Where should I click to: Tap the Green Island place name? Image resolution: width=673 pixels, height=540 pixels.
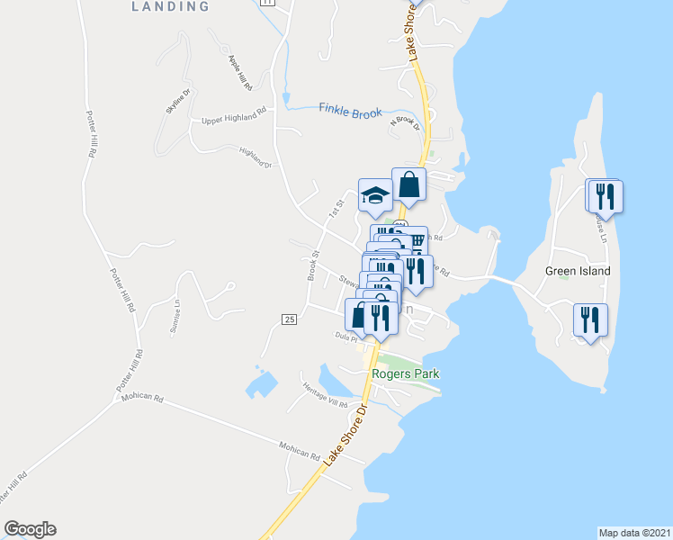(x=578, y=271)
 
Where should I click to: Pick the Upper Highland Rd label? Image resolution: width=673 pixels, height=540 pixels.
(x=235, y=118)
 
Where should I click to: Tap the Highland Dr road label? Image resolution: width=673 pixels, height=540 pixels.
(x=256, y=157)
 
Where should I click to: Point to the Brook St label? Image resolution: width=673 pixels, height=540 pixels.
(x=314, y=265)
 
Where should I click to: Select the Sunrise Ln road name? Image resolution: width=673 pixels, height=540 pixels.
(x=175, y=318)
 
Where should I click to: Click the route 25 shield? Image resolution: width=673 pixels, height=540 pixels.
(x=289, y=319)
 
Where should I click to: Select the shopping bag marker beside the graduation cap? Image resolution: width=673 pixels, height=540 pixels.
(x=408, y=184)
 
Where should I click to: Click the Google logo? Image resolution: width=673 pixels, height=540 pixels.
(x=30, y=529)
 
